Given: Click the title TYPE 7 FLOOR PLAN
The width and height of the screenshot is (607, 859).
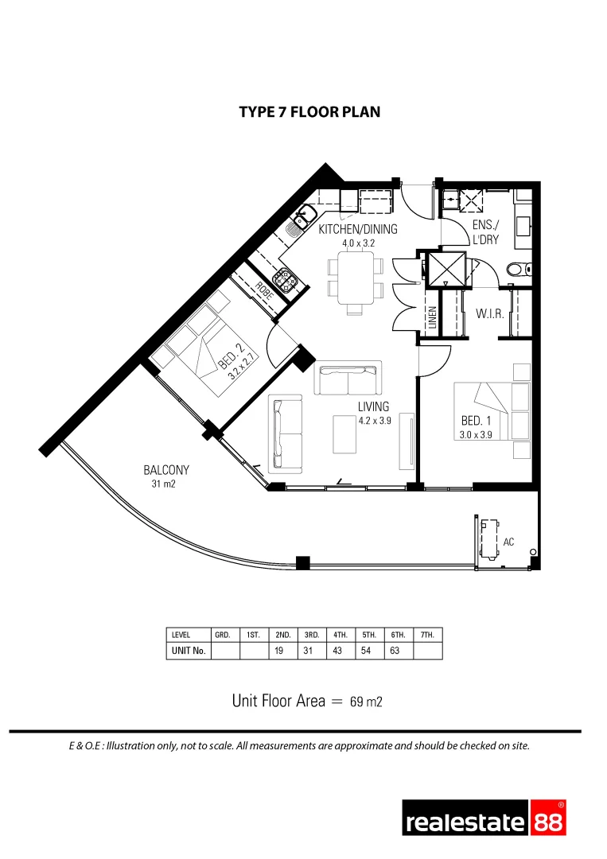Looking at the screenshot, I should pyautogui.click(x=309, y=112).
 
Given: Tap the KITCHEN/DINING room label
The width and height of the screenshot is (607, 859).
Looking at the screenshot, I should pyautogui.click(x=357, y=230).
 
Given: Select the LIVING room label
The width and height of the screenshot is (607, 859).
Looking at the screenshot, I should pyautogui.click(x=373, y=406).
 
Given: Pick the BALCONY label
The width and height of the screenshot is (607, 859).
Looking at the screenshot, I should pyautogui.click(x=166, y=470).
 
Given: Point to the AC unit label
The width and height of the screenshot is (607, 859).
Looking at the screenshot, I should pyautogui.click(x=508, y=542).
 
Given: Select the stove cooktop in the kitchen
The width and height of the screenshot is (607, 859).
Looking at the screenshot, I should pyautogui.click(x=283, y=279).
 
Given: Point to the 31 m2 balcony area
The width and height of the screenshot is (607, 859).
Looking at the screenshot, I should pyautogui.click(x=165, y=484).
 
